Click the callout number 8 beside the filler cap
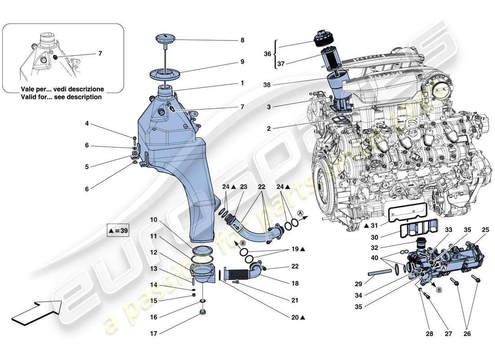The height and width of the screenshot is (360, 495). (242, 40)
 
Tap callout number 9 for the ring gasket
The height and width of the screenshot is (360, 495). (242, 62)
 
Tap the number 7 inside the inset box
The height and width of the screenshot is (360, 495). (100, 54)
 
